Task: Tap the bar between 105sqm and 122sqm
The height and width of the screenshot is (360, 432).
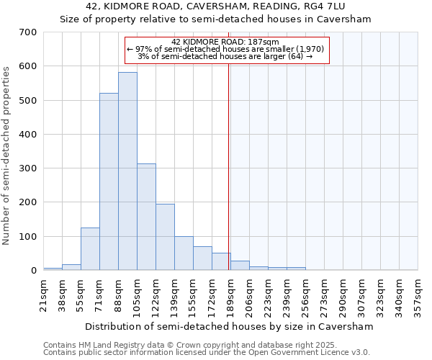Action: point(146,217)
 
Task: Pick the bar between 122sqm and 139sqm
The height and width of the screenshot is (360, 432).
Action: point(165,237)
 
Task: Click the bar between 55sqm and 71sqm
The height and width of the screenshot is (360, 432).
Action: point(90,249)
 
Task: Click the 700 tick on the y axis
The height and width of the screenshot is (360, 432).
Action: point(28,32)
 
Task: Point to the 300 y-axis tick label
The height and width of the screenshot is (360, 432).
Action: point(28,168)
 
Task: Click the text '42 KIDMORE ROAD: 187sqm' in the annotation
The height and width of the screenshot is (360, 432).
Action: point(226,42)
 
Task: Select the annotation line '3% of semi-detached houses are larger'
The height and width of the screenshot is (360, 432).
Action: point(226,56)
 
